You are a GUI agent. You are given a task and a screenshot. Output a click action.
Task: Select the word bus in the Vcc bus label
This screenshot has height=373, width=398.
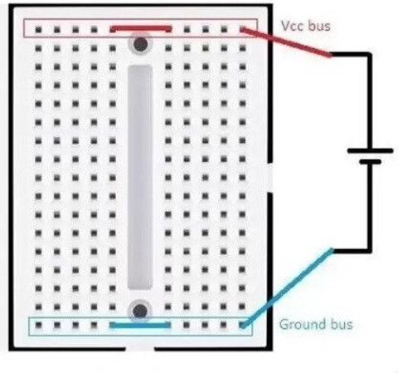pos(319,26)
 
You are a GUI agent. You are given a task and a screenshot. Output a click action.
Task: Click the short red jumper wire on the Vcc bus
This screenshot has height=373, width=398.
pos(141,28)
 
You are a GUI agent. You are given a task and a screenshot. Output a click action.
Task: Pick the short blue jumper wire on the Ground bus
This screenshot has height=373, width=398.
pos(140,325)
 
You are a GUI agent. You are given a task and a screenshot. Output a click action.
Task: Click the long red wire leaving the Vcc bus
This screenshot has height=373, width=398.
pos(286,42)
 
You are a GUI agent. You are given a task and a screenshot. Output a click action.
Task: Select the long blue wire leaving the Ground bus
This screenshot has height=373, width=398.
pos(288,287)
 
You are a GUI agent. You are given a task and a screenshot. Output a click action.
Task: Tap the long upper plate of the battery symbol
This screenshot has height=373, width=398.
pos(370,151)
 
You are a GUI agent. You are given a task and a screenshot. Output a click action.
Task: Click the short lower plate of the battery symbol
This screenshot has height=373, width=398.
pos(370,162)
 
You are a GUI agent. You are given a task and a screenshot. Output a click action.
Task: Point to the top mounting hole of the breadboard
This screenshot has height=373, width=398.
pos(141,43)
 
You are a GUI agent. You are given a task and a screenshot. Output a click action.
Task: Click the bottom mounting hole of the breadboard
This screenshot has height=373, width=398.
pos(140,312)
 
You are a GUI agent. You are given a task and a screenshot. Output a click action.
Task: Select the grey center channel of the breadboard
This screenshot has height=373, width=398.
pos(140,177)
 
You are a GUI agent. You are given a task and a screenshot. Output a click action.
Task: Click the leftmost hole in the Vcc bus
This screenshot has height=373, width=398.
pos(38,29)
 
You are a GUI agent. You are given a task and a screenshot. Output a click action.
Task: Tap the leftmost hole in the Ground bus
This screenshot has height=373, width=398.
pos(38,325)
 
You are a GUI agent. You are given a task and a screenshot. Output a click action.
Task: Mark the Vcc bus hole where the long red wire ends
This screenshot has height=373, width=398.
pos(242,29)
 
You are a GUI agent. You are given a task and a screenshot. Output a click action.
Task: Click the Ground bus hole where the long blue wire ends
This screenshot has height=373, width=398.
pos(242,325)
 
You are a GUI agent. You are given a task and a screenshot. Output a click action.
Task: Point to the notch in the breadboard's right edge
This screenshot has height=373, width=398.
pos(270,177)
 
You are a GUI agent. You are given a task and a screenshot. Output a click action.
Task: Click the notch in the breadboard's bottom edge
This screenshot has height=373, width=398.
pos(140,349)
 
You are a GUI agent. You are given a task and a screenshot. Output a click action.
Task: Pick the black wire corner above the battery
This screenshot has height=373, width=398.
pos(370,54)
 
